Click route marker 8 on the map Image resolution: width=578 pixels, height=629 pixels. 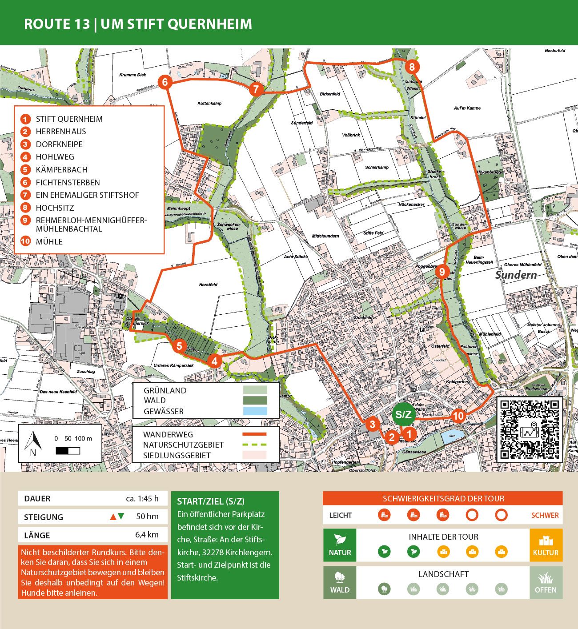click(412, 67)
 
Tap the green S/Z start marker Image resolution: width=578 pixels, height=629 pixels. click(403, 415)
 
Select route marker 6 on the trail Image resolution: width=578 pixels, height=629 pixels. click(165, 82)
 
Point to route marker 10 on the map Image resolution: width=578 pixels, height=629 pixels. click(458, 416)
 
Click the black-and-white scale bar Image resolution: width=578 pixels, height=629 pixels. click(68, 451)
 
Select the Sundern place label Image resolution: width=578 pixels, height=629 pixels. click(516, 275)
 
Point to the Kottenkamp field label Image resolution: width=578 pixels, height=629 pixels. click(209, 103)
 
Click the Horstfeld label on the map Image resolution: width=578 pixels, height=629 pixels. click(208, 284)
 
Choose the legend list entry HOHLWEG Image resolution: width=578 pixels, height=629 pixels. click(55, 157)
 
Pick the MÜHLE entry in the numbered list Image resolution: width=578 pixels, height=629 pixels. click(49, 242)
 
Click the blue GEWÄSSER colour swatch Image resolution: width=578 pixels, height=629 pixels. click(255, 411)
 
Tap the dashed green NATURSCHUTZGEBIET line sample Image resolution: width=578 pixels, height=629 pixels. click(254, 445)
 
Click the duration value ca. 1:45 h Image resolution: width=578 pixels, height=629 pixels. click(142, 498)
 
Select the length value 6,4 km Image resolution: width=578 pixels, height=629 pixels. click(147, 535)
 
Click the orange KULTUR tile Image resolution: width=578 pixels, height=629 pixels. click(546, 545)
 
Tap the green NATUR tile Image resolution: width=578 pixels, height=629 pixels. click(340, 545)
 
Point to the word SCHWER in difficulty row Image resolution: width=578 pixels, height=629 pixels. click(545, 515)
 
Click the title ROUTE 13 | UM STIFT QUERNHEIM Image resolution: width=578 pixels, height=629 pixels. click(138, 24)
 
